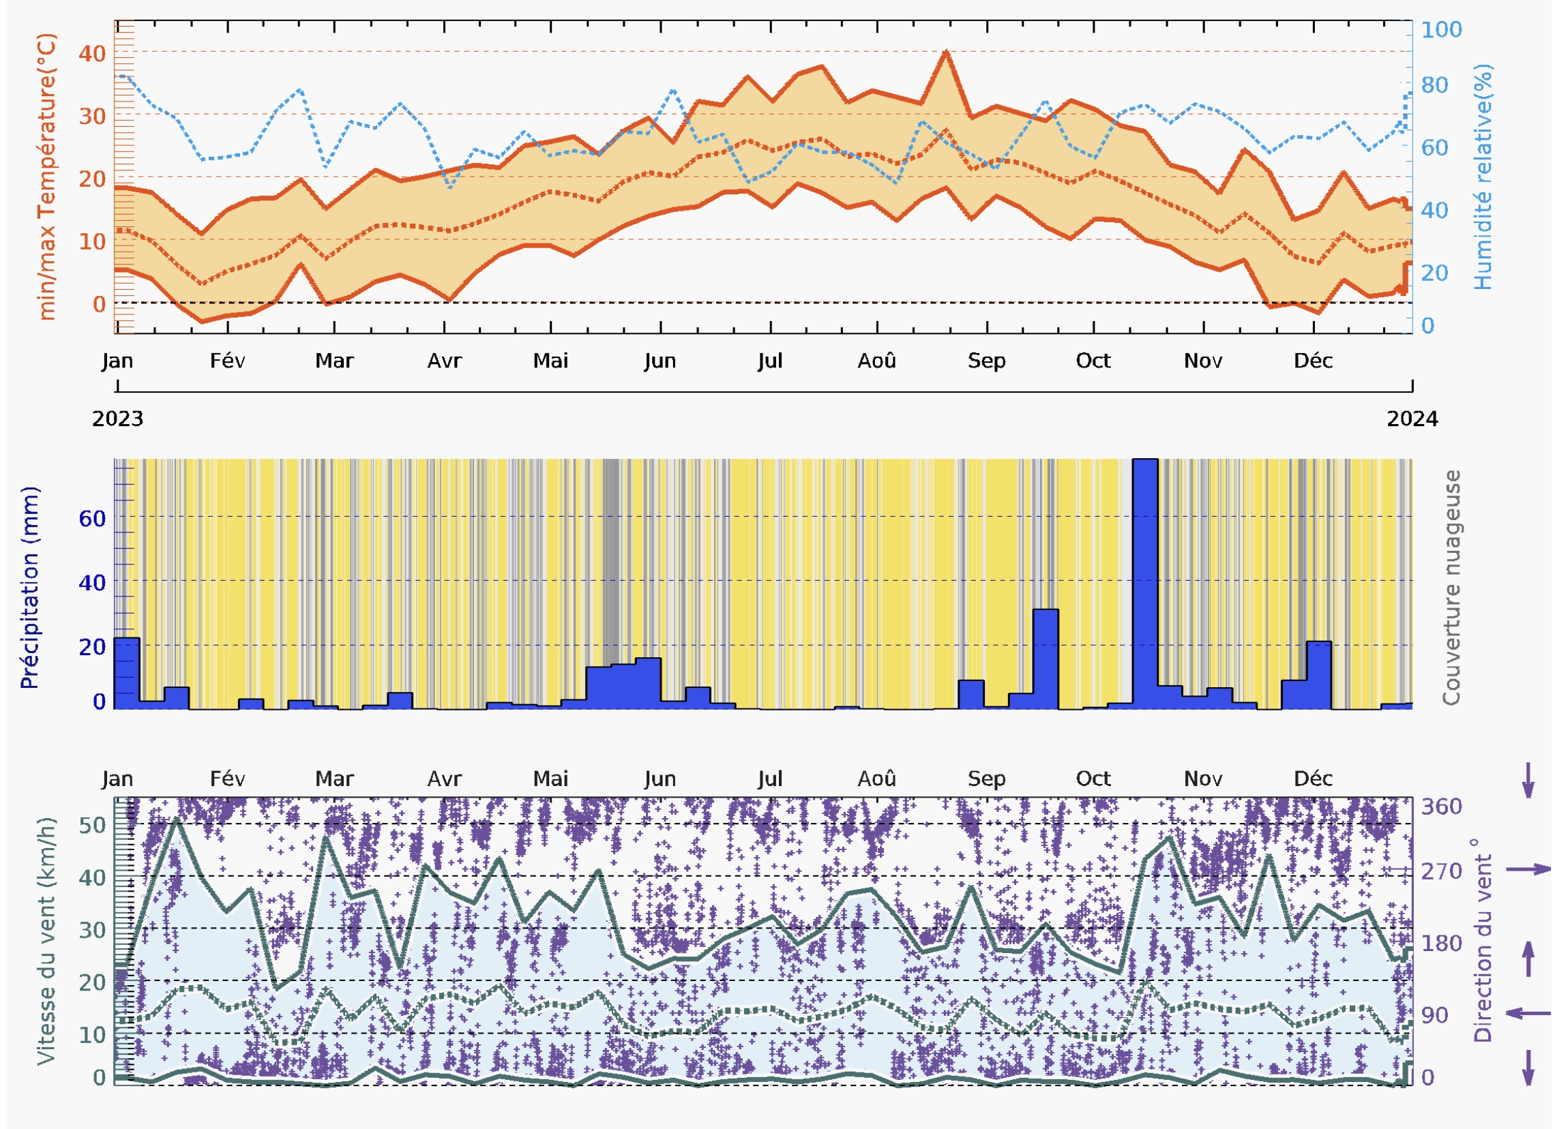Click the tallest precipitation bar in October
tap(1144, 583)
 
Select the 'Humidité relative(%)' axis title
tap(1482, 177)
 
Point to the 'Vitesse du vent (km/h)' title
tap(45, 940)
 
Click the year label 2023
tap(117, 419)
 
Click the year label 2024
tap(1412, 419)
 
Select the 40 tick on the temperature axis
tap(92, 53)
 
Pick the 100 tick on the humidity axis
tap(1441, 29)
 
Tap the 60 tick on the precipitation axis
tap(92, 518)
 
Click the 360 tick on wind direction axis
tap(1441, 807)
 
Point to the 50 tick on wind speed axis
tap(92, 825)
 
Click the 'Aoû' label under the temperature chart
tap(876, 361)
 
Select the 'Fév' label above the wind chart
tap(227, 779)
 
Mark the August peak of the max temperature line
tap(945, 52)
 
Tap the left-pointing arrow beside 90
tap(1528, 1012)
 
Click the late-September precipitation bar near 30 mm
tap(1045, 658)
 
